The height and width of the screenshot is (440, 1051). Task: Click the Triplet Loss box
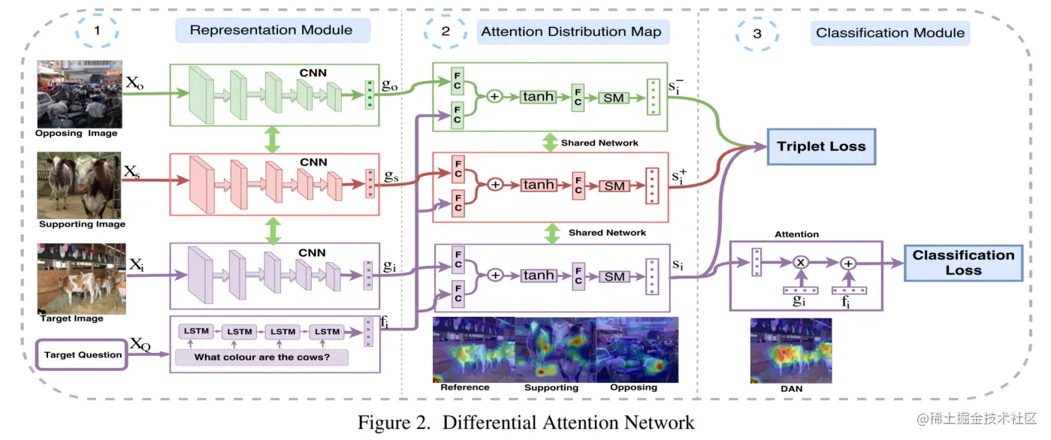tap(821, 147)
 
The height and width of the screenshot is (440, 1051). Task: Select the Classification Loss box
tap(963, 262)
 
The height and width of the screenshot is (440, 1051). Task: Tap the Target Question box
tap(83, 354)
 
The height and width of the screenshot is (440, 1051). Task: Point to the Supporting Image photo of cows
tap(80, 185)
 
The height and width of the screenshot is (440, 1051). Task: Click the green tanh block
tap(539, 97)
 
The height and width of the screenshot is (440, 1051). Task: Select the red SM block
tap(615, 186)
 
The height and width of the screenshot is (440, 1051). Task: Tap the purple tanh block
tap(539, 276)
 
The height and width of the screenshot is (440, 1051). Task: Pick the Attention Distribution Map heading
tap(571, 32)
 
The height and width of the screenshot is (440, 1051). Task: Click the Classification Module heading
tap(890, 33)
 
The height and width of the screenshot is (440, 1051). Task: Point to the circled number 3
tap(757, 34)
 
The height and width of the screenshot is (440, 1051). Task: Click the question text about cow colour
tap(261, 357)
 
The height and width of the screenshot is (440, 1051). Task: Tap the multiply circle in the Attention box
tap(800, 263)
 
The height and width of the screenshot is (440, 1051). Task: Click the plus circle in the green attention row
tap(494, 97)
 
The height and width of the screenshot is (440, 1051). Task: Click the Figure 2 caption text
tap(526, 422)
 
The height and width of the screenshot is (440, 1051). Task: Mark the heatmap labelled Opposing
tap(637, 349)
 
